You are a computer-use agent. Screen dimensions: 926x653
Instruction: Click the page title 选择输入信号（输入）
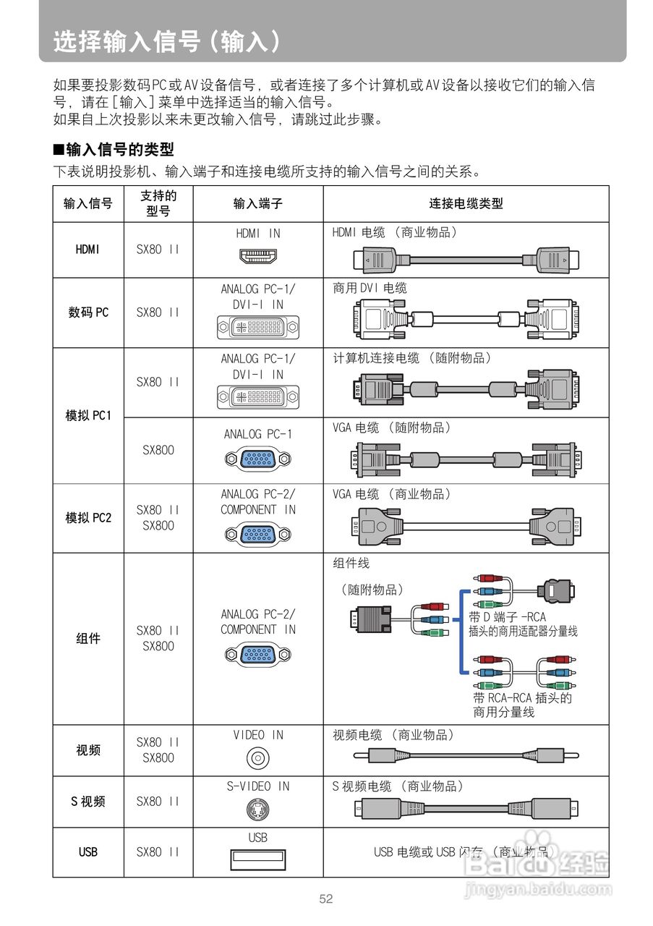[166, 41]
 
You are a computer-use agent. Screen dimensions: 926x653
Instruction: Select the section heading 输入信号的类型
[114, 150]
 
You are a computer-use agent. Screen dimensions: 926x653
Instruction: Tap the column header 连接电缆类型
[466, 204]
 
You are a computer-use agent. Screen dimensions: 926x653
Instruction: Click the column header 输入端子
[257, 204]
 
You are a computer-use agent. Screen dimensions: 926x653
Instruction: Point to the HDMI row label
[88, 250]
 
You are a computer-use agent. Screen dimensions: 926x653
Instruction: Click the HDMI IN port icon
[258, 255]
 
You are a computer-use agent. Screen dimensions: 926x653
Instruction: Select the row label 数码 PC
[88, 313]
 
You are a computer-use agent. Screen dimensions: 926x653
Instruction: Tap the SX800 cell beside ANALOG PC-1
[158, 450]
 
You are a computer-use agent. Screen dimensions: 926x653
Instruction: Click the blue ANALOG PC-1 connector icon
[257, 459]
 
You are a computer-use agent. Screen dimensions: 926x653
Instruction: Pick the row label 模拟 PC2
[88, 518]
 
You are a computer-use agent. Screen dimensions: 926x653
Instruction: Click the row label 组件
[88, 639]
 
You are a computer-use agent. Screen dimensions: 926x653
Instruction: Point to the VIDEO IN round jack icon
[257, 758]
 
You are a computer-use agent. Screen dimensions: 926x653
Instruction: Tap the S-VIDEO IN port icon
[257, 809]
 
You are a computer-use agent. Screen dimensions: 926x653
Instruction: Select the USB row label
[88, 852]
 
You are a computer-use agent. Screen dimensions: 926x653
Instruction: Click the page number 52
[326, 899]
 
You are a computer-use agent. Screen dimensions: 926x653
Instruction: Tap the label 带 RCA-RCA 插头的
[522, 698]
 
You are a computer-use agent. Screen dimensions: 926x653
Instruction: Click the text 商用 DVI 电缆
[370, 288]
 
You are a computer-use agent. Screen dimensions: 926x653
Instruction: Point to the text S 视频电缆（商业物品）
[398, 786]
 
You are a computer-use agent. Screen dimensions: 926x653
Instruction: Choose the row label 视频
[88, 750]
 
